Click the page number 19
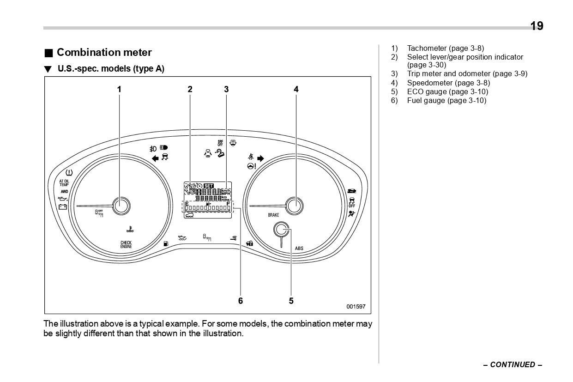click(537, 26)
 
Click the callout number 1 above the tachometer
click(119, 90)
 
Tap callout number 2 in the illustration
click(190, 90)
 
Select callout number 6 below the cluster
click(240, 301)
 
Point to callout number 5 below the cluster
click(291, 301)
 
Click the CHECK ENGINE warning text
click(126, 245)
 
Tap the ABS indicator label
click(299, 249)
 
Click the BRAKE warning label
click(273, 215)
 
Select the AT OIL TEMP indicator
click(64, 183)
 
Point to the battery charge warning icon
click(62, 206)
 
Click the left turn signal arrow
click(155, 158)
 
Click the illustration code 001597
click(356, 306)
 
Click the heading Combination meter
click(104, 53)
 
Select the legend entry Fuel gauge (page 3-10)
click(446, 101)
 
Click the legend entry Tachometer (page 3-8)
click(445, 48)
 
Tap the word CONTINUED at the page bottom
click(513, 365)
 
